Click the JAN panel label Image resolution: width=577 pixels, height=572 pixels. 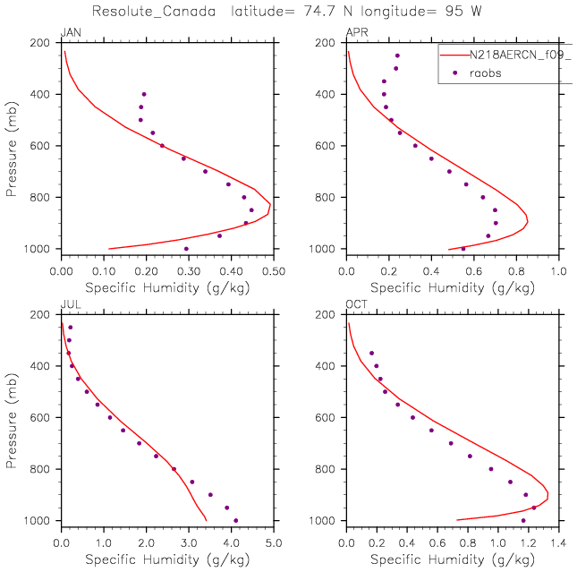68,33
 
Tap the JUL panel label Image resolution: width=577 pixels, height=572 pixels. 68,305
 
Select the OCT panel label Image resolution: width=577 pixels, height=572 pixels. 355,305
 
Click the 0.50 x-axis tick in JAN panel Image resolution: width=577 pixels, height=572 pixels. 274,269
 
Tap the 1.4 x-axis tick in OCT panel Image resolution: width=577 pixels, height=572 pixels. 560,541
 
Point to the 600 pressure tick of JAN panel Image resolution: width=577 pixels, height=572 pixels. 42,146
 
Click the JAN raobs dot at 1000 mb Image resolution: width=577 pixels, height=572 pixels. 186,249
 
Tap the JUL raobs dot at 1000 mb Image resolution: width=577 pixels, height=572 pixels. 235,520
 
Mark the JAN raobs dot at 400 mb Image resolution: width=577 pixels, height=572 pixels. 144,94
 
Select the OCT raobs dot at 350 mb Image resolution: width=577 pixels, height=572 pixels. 371,353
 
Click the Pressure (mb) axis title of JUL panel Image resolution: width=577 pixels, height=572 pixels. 12,417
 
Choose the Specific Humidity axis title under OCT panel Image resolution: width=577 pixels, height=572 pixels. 453,559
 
